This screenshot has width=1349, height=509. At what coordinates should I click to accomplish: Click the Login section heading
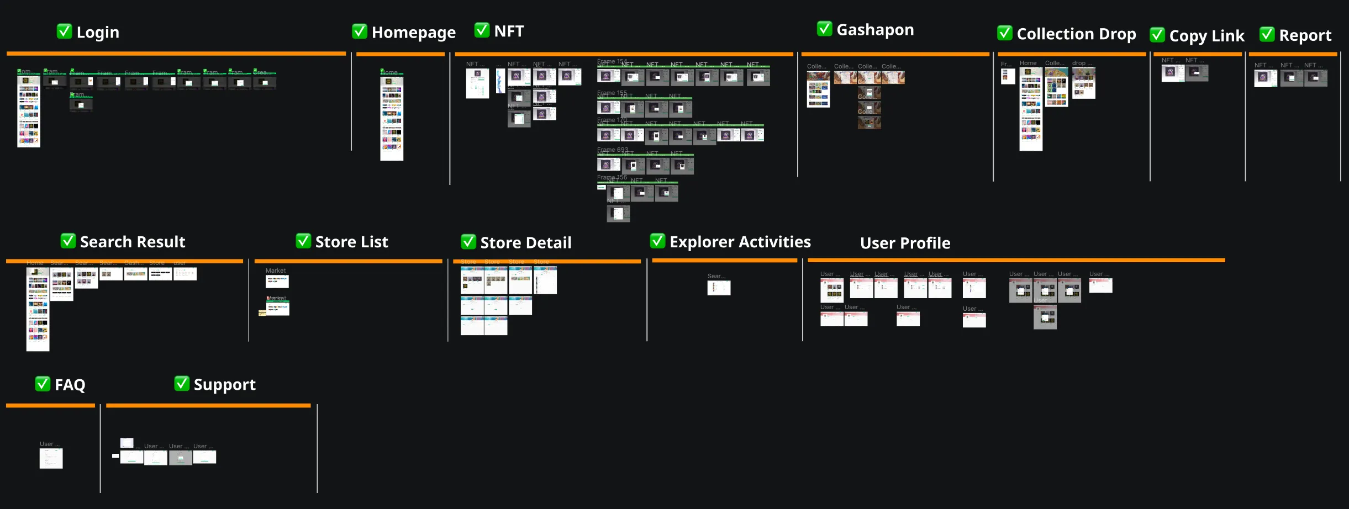[98, 33]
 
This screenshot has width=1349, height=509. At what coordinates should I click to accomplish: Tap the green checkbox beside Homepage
[360, 31]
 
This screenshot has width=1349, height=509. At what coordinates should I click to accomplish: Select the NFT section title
[509, 31]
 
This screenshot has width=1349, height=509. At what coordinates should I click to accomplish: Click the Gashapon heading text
[875, 30]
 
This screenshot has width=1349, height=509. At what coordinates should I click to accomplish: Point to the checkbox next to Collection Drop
[1005, 33]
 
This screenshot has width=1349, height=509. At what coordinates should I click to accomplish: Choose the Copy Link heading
[1206, 36]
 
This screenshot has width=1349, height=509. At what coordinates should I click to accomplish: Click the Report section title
[1305, 35]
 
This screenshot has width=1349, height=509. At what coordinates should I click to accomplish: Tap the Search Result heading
[133, 242]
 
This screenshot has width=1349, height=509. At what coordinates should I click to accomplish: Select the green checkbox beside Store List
[303, 241]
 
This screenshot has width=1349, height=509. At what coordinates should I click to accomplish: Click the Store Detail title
[526, 242]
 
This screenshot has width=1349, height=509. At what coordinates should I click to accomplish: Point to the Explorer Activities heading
[740, 242]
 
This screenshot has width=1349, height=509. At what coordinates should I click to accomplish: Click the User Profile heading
[905, 243]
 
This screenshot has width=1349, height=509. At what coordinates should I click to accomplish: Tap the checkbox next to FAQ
[43, 384]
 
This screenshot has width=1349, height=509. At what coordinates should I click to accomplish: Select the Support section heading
[224, 384]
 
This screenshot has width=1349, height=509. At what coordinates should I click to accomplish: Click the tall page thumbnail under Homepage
[392, 119]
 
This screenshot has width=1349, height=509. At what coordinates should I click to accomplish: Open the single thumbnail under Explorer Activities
[719, 288]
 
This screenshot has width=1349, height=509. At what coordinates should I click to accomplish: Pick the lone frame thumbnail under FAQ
[51, 458]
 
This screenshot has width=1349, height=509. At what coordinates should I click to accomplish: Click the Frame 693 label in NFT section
[613, 150]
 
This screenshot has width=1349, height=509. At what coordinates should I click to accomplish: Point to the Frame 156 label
[612, 177]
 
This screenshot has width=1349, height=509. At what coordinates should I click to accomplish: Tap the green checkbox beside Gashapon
[824, 29]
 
